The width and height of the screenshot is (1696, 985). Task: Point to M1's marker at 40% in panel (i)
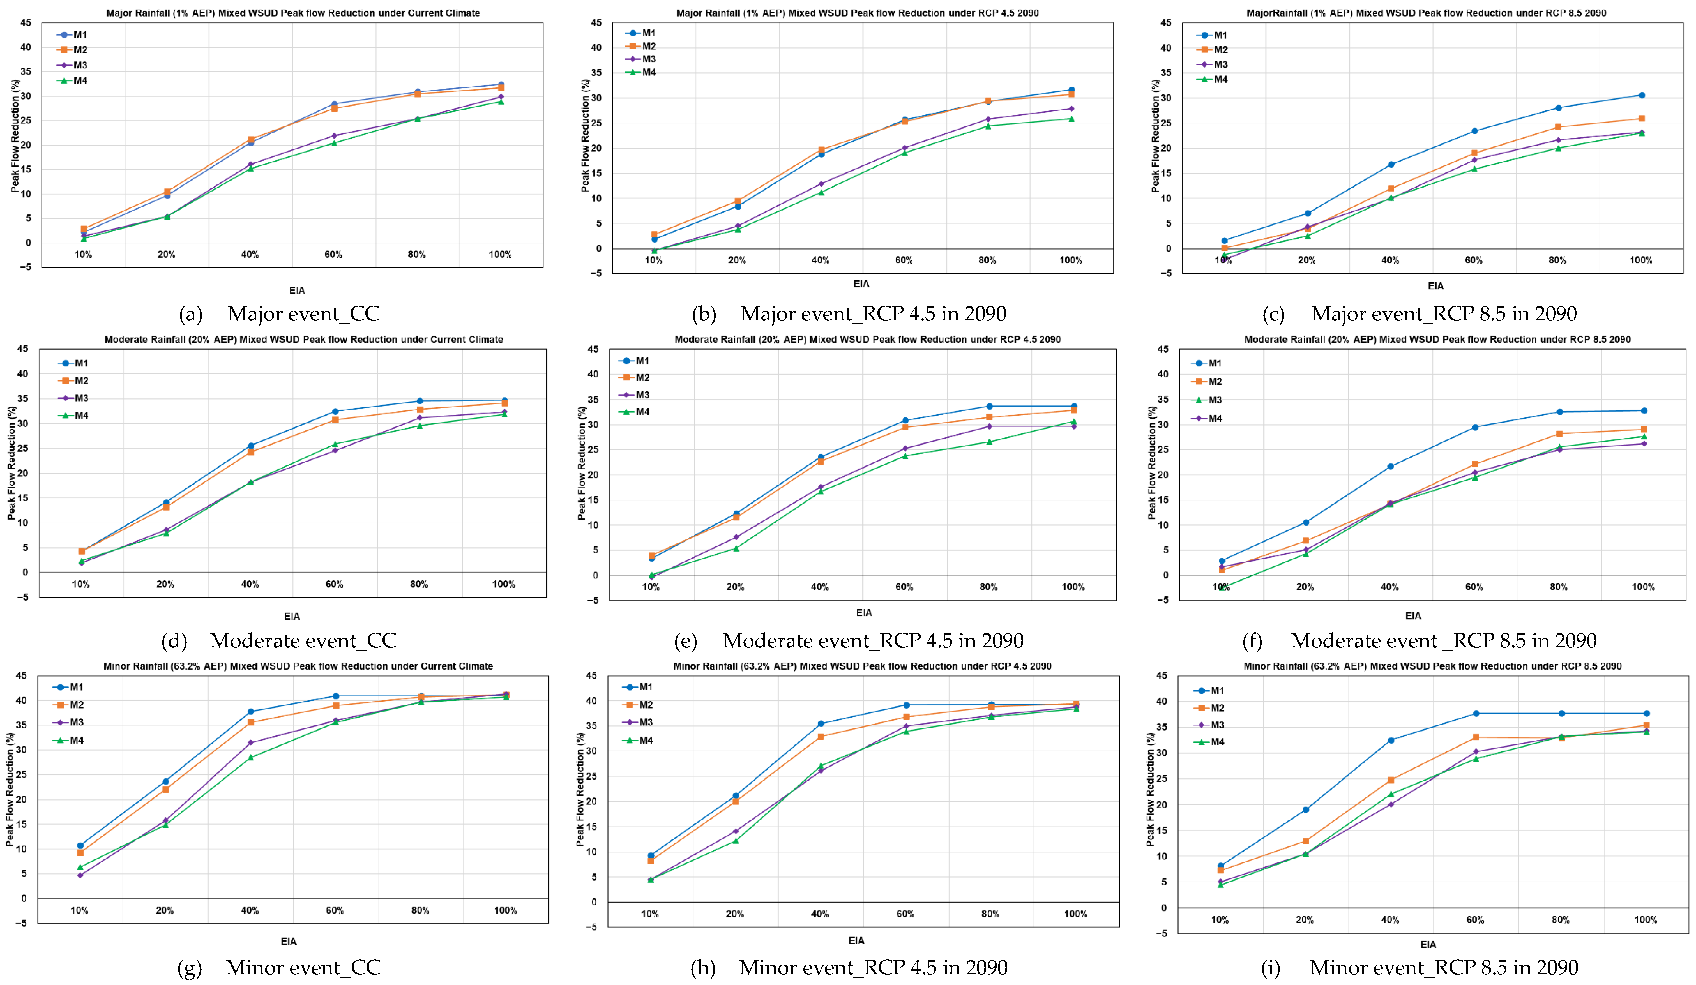(1390, 740)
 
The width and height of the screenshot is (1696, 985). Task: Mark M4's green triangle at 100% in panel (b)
(1071, 119)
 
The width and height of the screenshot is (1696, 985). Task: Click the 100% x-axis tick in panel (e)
(1073, 587)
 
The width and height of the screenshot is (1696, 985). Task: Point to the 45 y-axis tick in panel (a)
(26, 23)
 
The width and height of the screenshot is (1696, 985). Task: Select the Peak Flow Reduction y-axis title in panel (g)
(10, 789)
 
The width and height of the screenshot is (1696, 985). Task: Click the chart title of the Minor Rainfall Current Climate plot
(298, 666)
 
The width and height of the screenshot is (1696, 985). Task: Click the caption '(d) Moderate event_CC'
(279, 640)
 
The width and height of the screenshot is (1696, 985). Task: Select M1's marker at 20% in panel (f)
(1306, 522)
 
